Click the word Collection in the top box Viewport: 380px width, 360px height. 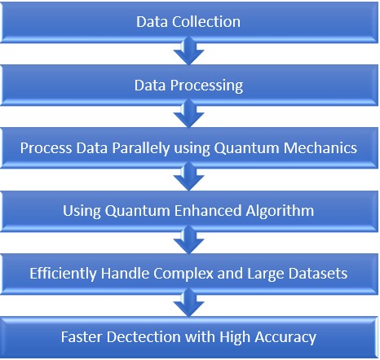click(x=206, y=22)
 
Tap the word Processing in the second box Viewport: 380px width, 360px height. click(x=206, y=86)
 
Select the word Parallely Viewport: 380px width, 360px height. click(x=141, y=148)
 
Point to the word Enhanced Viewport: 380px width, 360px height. click(x=208, y=211)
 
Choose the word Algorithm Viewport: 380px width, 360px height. click(x=280, y=211)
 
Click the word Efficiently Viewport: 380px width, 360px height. click(x=63, y=274)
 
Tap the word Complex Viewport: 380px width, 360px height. click(x=184, y=274)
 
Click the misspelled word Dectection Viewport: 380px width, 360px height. click(x=144, y=337)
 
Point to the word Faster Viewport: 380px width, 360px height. click(x=82, y=337)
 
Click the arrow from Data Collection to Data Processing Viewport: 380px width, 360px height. click(x=189, y=51)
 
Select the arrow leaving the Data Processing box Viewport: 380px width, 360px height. click(x=189, y=114)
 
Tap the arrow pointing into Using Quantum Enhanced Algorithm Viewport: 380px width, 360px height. click(x=189, y=177)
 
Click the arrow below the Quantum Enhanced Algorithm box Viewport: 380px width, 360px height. click(x=189, y=240)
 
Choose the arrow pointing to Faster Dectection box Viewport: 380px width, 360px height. click(x=189, y=303)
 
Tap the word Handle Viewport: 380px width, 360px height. click(x=125, y=273)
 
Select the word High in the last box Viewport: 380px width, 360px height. click(x=235, y=337)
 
